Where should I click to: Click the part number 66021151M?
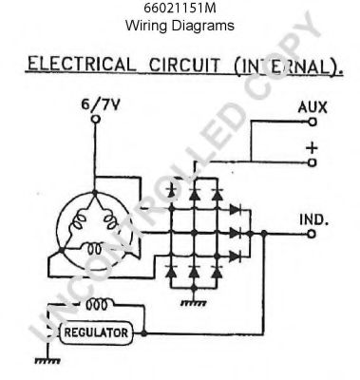[x=180, y=9]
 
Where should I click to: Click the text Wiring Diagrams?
[x=180, y=26]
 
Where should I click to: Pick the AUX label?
[x=313, y=107]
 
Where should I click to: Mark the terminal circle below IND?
[x=314, y=233]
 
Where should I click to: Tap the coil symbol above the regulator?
[x=95, y=304]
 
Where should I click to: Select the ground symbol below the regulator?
[x=42, y=360]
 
